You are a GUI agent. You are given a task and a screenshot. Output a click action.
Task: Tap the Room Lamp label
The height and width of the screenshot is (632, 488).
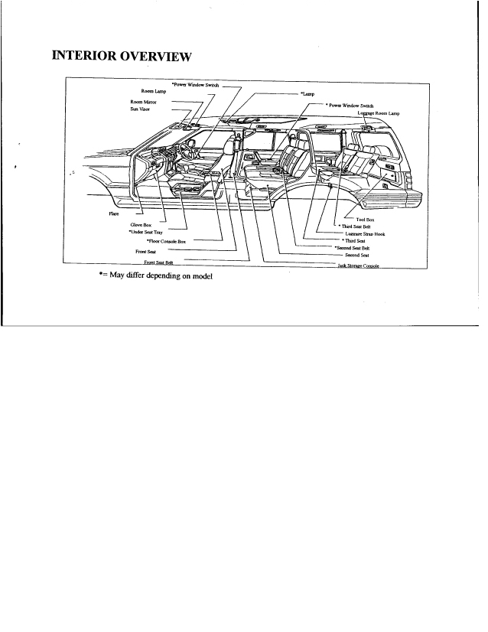154,92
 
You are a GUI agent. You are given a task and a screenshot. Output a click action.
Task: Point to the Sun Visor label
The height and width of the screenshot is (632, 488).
142,109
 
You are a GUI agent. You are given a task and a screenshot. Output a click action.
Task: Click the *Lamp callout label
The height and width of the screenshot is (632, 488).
307,93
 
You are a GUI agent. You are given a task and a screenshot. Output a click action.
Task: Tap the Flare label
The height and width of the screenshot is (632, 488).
112,213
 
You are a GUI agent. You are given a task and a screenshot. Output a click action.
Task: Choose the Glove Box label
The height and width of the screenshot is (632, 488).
141,225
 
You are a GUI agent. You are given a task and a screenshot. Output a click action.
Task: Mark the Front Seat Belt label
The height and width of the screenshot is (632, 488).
154,262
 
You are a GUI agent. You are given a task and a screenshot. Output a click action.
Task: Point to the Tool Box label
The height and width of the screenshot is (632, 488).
365,220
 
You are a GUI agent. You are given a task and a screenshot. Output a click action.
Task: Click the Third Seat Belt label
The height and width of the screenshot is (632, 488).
359,226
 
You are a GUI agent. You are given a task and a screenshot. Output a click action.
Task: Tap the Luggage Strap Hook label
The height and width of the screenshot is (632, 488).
365,234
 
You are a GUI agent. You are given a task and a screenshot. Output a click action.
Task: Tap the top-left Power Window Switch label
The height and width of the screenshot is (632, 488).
195,84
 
